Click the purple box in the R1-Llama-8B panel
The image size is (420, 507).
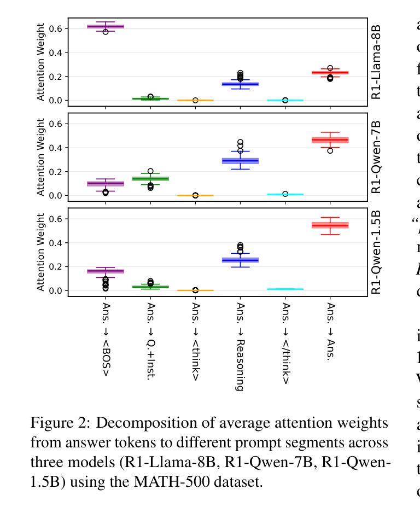point(106,26)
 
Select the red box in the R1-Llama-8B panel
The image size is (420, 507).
point(330,73)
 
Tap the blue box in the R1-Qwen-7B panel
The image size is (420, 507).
point(240,161)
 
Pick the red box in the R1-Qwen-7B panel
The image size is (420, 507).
point(330,140)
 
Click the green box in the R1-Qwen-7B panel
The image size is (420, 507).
point(150,178)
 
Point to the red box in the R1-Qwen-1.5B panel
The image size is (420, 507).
point(330,225)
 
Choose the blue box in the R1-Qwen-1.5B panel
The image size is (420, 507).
point(240,260)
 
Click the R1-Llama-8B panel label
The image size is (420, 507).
point(376,62)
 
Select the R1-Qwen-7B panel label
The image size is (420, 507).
point(376,156)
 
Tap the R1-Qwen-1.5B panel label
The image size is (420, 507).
point(376,252)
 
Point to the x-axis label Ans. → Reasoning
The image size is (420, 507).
point(240,346)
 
